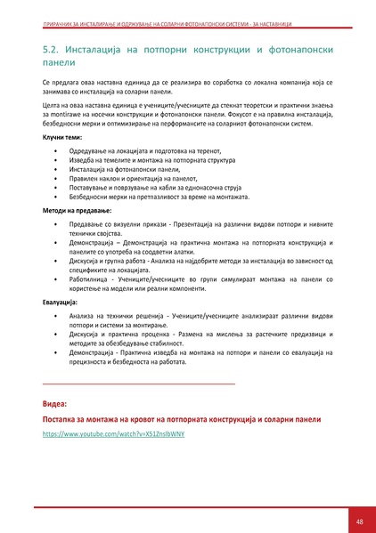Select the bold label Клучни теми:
62,139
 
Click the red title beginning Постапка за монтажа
182,418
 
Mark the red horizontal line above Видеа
139,383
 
